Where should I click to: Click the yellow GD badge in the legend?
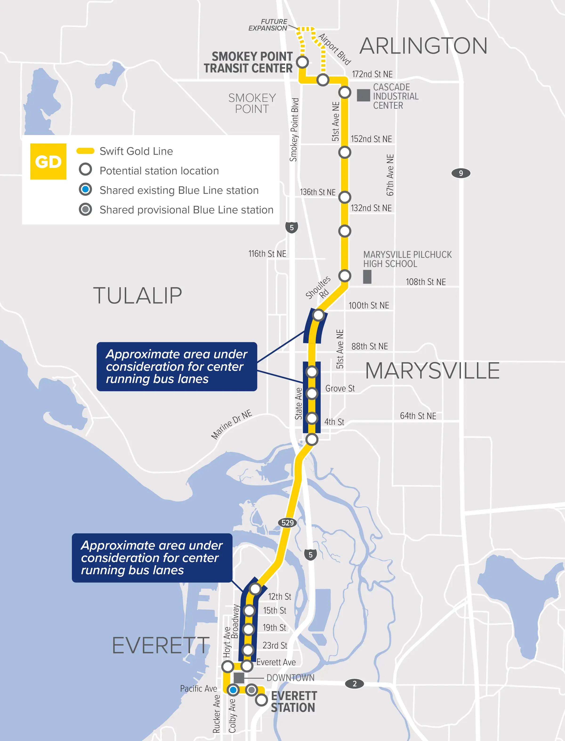[x=48, y=161]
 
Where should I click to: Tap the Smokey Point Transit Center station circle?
[x=302, y=62]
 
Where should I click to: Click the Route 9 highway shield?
[x=461, y=173]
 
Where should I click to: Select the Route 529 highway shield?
[x=287, y=522]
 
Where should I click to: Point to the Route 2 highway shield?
[x=355, y=684]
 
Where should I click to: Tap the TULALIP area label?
[x=137, y=296]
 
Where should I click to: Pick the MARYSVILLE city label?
[x=432, y=371]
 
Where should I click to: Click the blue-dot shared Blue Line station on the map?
[x=233, y=690]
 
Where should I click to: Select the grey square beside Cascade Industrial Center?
[x=363, y=95]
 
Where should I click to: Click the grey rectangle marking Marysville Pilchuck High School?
[x=367, y=277]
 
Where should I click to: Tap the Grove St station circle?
[x=312, y=393]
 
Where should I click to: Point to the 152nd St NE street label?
[x=371, y=139]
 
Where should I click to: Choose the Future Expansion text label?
[x=268, y=25]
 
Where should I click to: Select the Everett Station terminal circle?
[x=261, y=700]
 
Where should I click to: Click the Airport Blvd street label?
[x=335, y=49]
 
